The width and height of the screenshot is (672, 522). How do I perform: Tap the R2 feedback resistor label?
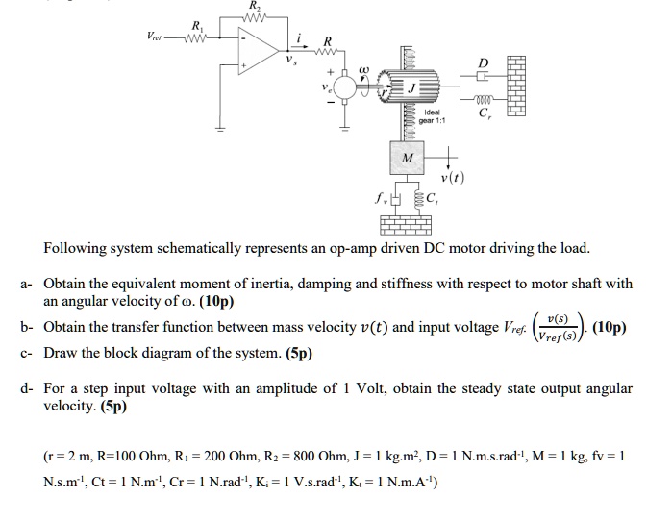coord(254,5)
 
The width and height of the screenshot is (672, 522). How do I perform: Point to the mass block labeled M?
coord(408,158)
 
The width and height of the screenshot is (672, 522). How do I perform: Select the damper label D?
coord(483,64)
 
